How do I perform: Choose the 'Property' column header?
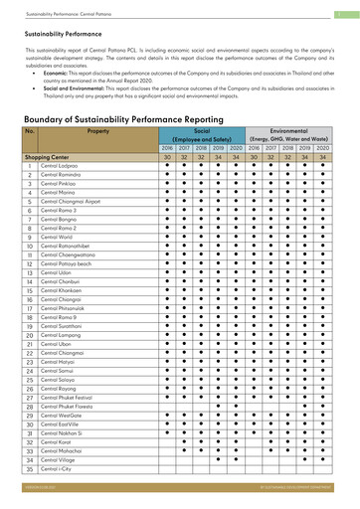[97, 131]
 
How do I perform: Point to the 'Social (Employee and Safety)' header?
[202, 135]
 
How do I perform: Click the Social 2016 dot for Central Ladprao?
[168, 165]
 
